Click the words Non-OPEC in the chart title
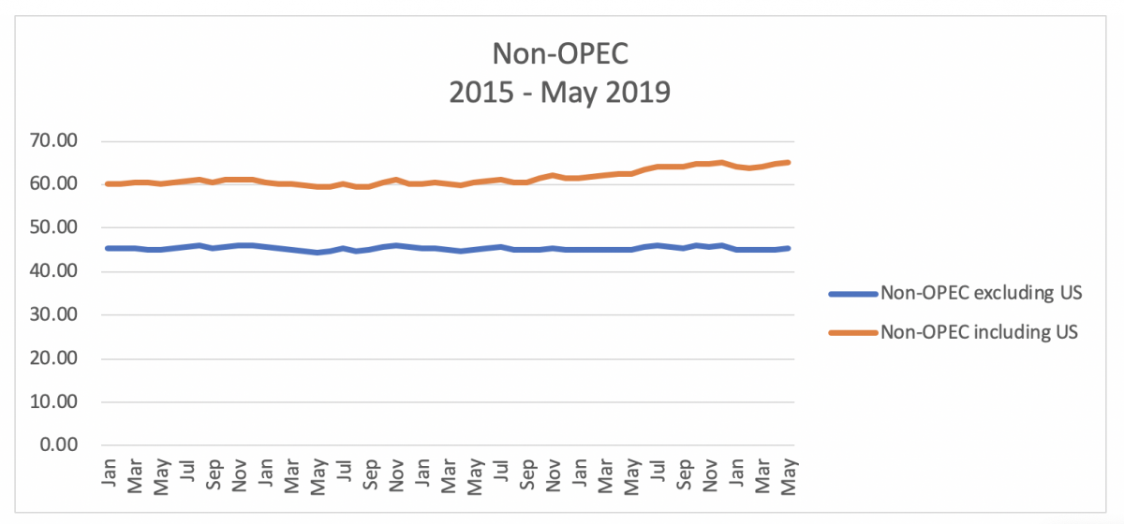pos(561,53)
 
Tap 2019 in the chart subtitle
pos(636,94)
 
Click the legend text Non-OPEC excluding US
pos(981,294)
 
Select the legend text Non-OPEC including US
pos(980,332)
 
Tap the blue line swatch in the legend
pos(852,294)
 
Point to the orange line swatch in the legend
pos(852,332)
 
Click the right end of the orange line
pos(789,162)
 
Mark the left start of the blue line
pos(108,248)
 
